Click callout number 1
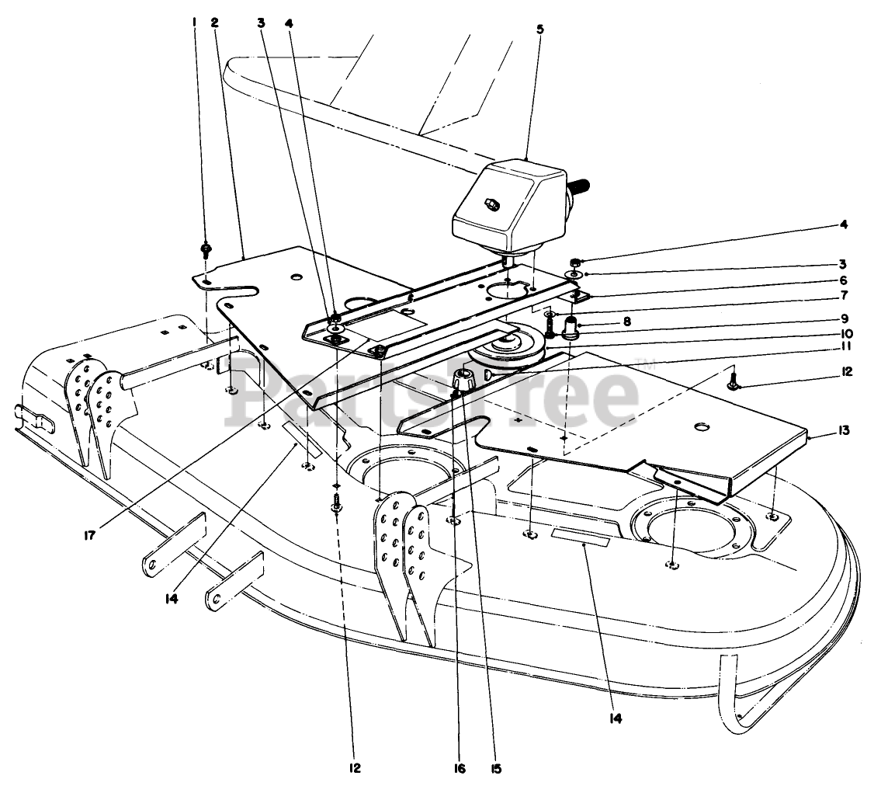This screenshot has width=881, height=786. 194,22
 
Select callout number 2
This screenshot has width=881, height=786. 215,22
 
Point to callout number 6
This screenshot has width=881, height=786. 843,280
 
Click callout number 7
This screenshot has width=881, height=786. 843,295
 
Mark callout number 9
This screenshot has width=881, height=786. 843,318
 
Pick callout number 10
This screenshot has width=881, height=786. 843,335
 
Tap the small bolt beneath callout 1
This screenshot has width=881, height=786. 206,250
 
